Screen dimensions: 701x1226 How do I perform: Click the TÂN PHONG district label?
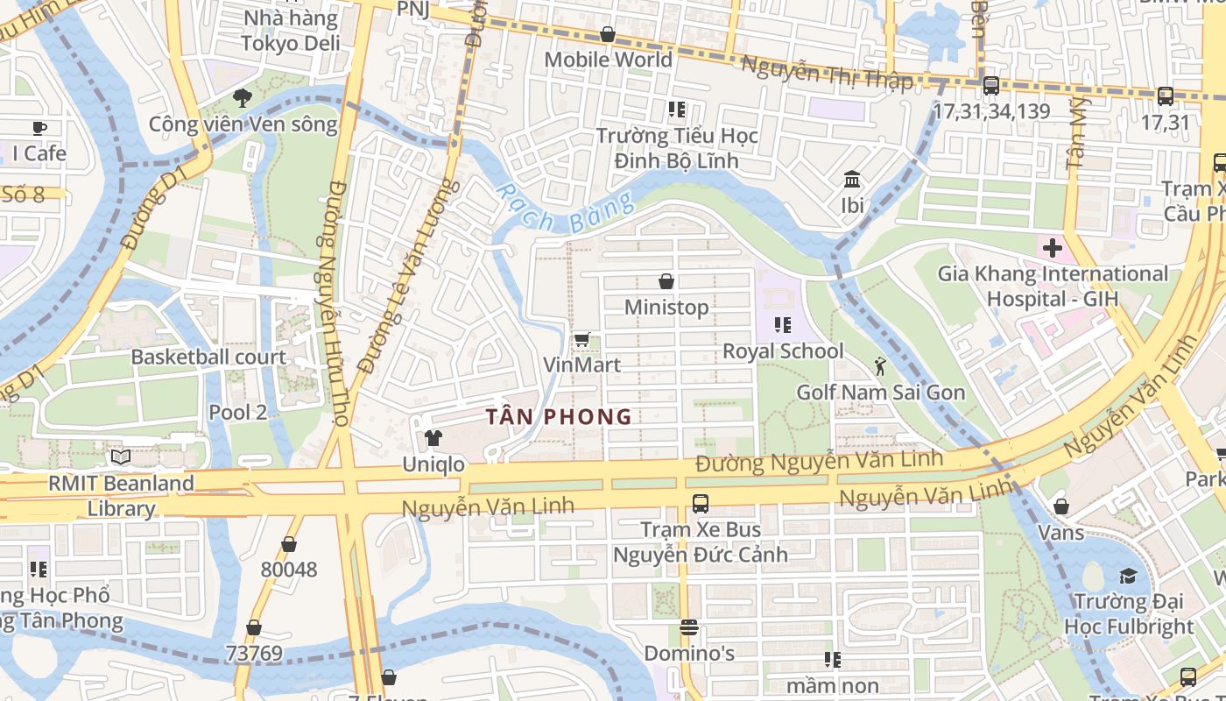click(x=559, y=416)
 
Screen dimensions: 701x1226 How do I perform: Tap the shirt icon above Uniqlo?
click(x=433, y=438)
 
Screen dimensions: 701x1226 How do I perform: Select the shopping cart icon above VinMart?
click(x=581, y=339)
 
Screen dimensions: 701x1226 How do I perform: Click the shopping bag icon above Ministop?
click(x=666, y=281)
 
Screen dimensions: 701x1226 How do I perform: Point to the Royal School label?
click(x=783, y=351)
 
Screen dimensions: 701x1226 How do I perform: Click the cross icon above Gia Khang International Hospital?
click(x=1052, y=248)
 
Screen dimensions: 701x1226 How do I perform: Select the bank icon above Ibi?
click(x=851, y=181)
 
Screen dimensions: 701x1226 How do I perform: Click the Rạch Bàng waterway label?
click(x=565, y=208)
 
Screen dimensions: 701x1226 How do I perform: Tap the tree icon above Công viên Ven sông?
click(x=243, y=98)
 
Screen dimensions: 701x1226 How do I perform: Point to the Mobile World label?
click(x=608, y=60)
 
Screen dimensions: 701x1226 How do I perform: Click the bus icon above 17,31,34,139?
click(x=990, y=86)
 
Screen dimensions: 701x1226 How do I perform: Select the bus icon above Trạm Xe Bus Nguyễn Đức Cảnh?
click(x=700, y=504)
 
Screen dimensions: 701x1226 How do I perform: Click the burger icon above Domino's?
click(x=689, y=627)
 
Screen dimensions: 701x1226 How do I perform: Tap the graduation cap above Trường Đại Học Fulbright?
click(x=1128, y=576)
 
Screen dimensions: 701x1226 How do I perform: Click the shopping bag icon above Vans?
click(x=1060, y=506)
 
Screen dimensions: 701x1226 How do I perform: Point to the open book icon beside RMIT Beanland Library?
click(x=121, y=457)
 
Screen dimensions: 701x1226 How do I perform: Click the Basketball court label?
click(x=208, y=358)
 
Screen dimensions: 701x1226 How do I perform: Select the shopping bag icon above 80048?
click(x=288, y=544)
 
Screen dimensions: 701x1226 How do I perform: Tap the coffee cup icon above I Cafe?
click(x=39, y=129)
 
